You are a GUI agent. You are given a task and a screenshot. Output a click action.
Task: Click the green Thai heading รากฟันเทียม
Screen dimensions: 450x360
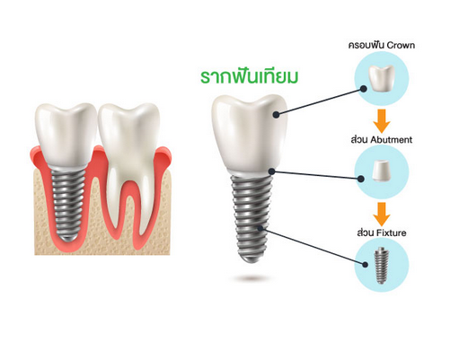249,77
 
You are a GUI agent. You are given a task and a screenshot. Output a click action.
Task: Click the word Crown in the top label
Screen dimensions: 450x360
401,46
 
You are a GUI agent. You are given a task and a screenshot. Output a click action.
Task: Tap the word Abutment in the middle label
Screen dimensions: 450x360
391,140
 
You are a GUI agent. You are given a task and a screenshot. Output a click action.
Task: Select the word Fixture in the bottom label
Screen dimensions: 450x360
390,233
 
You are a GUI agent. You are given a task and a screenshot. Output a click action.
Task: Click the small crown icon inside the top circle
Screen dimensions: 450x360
382,77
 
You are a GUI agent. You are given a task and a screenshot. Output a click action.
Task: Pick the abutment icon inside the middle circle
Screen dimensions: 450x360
382,171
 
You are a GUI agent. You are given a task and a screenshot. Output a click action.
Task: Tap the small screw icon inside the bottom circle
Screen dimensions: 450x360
381,266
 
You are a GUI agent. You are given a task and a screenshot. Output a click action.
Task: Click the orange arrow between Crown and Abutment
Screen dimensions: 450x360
382,120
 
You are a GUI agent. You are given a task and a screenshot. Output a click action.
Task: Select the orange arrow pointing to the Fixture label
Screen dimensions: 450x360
382,215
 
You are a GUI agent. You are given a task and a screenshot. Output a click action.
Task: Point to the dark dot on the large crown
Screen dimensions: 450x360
277,114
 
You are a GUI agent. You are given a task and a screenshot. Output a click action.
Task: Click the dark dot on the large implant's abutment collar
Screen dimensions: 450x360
271,171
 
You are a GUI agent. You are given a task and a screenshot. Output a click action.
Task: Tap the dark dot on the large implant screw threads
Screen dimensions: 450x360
260,228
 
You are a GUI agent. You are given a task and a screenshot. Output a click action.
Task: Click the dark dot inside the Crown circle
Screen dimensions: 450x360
364,89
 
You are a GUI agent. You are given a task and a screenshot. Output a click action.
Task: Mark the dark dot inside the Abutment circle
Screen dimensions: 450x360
361,179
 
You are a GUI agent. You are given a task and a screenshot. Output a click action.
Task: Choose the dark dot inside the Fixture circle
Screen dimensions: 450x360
365,265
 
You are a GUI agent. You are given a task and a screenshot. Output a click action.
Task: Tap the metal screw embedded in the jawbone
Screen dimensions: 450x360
67,204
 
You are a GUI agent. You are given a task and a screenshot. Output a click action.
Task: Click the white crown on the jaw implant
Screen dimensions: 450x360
66,135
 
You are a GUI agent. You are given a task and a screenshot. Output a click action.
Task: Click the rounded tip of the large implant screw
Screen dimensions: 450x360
251,259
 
